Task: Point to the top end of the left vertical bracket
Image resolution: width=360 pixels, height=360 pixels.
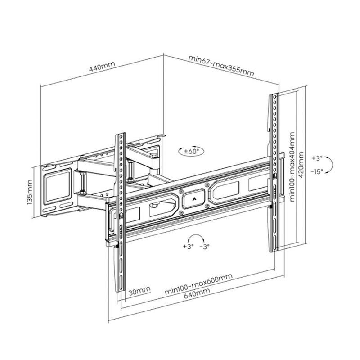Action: pos(121,135)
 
